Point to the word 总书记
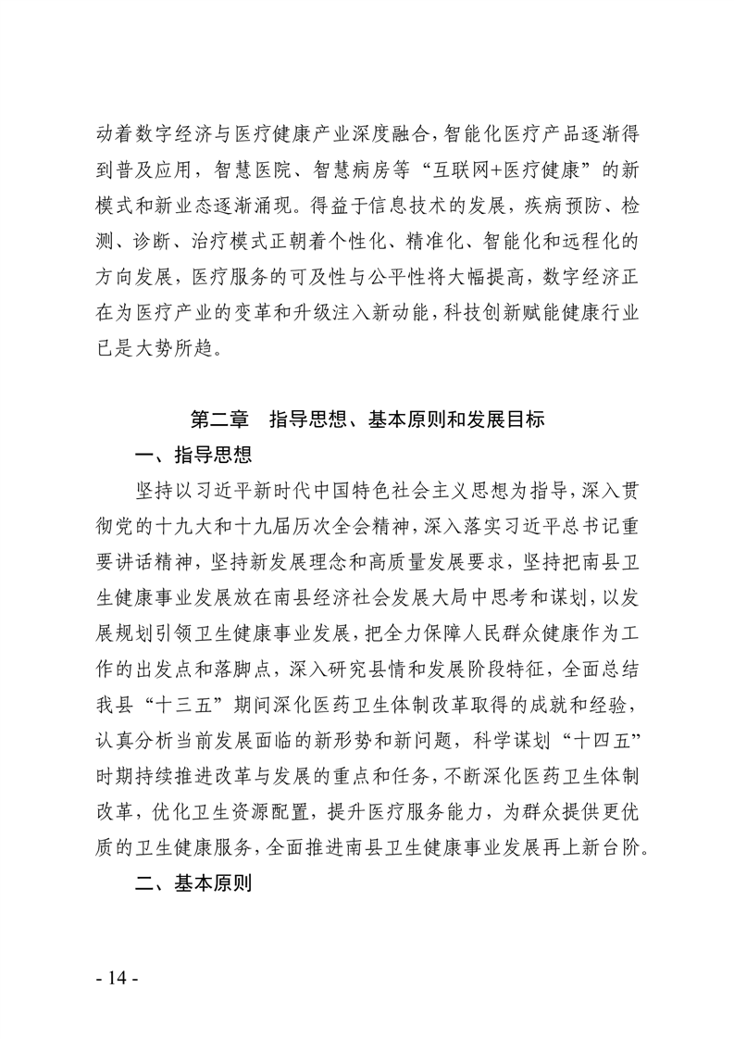pyautogui.click(x=574, y=523)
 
